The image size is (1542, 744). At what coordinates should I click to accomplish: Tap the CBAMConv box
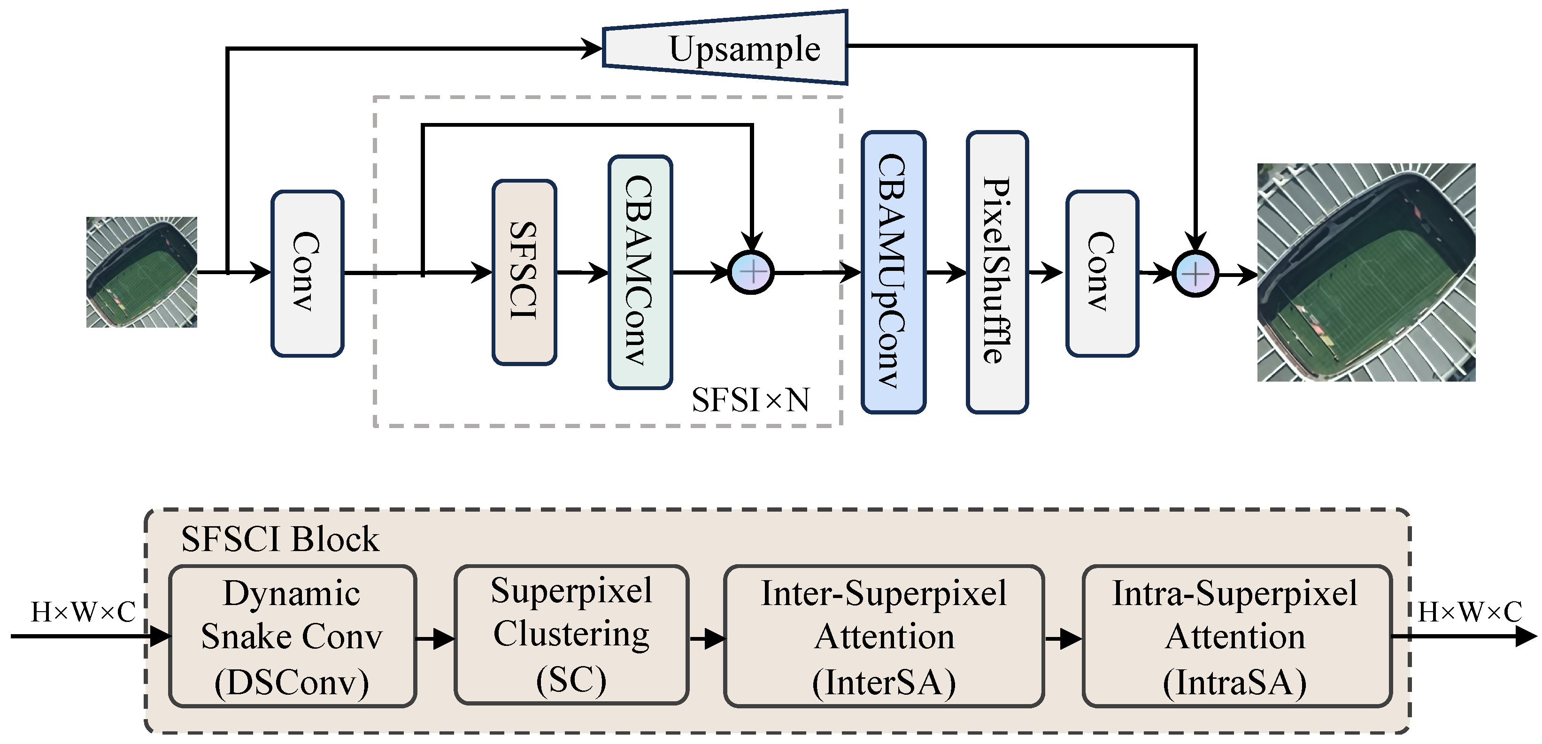tap(640, 272)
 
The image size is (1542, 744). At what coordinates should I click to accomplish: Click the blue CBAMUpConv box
tap(893, 272)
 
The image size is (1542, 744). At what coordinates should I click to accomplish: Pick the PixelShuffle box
tap(997, 272)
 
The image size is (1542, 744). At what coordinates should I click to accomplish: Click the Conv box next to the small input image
tap(307, 274)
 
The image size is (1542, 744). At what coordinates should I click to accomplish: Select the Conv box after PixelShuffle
tap(1102, 274)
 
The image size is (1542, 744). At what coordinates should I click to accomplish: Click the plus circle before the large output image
tap(1195, 275)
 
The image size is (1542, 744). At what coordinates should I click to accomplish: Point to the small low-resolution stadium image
tap(142, 272)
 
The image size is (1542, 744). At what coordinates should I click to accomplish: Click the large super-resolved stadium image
tap(1366, 272)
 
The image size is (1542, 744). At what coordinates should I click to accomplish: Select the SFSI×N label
tap(750, 400)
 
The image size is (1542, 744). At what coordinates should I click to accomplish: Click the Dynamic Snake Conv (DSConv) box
tap(292, 636)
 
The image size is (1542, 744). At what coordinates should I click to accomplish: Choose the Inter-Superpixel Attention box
tap(884, 636)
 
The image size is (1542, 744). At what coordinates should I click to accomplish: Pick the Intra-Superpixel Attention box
tap(1236, 636)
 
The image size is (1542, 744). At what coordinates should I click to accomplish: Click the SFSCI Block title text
tap(280, 539)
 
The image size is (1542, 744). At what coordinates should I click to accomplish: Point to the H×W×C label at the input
tap(83, 612)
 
